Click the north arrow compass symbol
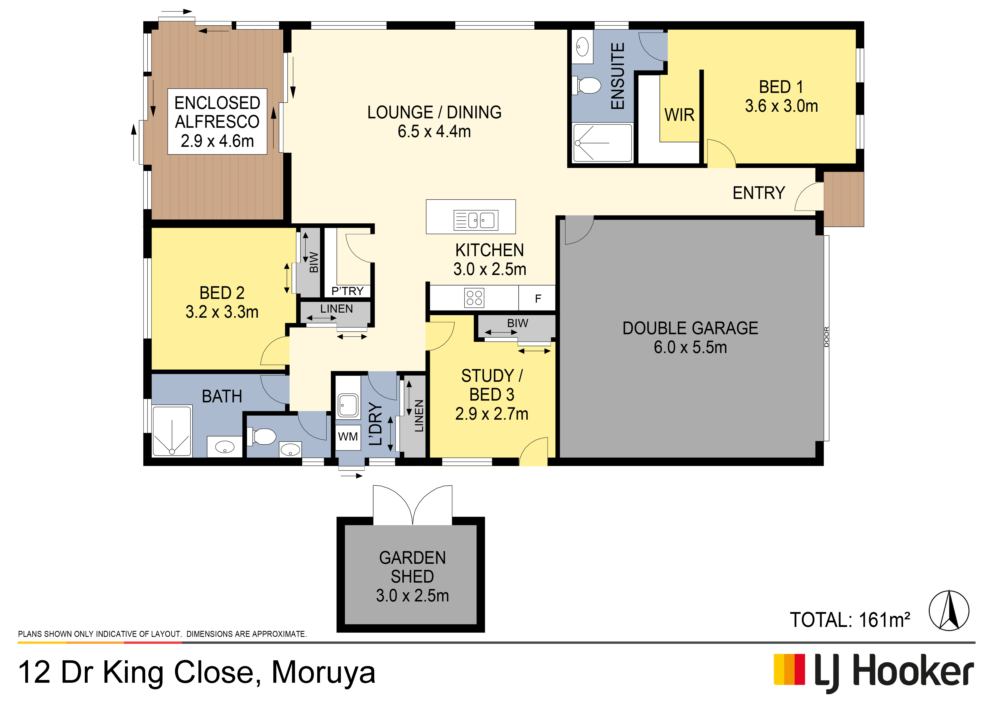click(949, 610)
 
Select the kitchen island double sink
click(476, 220)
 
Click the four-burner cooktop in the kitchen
click(474, 298)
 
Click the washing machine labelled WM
click(348, 437)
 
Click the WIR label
click(679, 115)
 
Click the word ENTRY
click(759, 193)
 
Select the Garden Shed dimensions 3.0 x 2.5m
click(412, 596)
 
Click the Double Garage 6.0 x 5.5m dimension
click(690, 347)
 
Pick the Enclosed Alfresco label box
click(217, 122)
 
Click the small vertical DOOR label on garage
click(827, 337)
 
